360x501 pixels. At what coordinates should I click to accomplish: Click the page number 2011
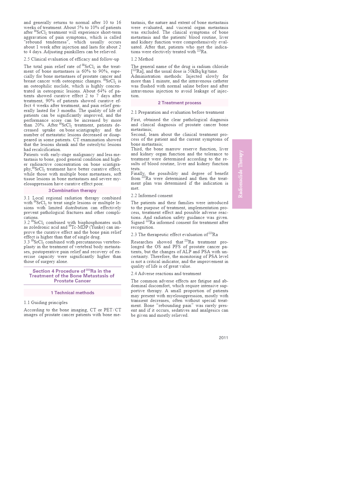pos(223,338)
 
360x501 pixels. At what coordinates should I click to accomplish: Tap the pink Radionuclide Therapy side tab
pos(242,174)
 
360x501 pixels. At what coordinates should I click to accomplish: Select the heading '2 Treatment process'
pos(179,103)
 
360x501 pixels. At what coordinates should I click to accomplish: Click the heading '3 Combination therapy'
pos(72,191)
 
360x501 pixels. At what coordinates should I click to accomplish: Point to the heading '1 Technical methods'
pos(72,293)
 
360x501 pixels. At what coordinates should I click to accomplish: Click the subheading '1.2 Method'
pos(142,59)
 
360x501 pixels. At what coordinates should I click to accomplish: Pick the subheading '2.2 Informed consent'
pos(152,196)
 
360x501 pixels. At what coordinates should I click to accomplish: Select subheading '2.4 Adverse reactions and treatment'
pos(166,274)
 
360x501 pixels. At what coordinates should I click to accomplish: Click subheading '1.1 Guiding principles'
pos(46,302)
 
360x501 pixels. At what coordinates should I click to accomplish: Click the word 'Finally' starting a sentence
pos(138,173)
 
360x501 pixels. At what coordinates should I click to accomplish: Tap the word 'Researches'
pos(142,242)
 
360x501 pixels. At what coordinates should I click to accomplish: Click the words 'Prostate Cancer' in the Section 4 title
pos(72,281)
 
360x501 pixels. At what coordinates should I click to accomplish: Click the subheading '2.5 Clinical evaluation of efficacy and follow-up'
pos(71,59)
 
